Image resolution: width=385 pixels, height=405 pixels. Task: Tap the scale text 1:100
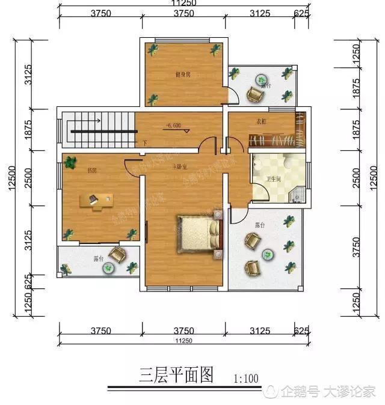(245, 379)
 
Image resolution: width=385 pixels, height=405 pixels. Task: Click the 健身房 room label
(183, 75)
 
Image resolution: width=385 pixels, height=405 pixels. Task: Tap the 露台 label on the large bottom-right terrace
(260, 225)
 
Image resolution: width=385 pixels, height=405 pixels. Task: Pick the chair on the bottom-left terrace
(117, 255)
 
